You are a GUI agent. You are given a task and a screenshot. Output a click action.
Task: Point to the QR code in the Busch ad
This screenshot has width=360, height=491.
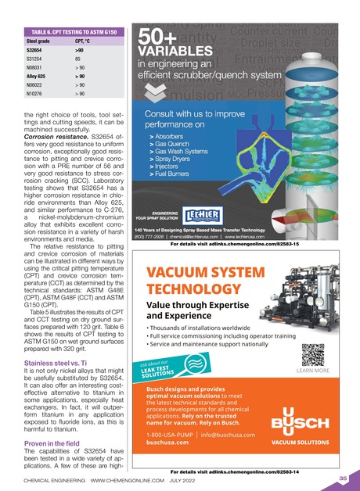pos(315,354)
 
